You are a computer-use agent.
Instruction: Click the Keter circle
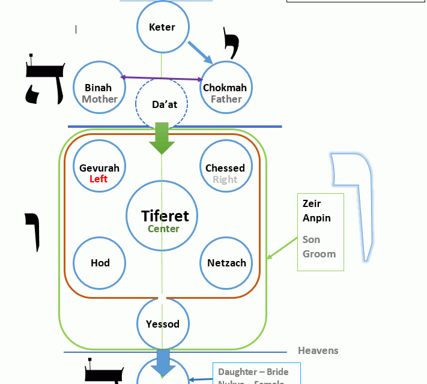click(x=162, y=27)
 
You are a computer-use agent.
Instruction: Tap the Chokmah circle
click(x=225, y=87)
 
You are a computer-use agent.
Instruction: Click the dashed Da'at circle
click(x=162, y=104)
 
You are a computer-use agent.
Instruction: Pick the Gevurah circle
click(x=99, y=167)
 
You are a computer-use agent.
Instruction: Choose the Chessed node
click(x=225, y=167)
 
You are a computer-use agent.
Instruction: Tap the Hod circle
click(x=100, y=263)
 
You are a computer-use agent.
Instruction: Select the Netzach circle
click(x=226, y=263)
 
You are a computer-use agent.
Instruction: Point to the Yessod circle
click(x=163, y=324)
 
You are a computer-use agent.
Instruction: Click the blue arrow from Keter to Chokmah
click(x=201, y=52)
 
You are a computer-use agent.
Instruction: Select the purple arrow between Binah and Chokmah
click(x=162, y=78)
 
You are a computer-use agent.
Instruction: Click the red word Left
click(x=98, y=179)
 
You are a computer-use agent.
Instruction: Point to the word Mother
click(x=100, y=99)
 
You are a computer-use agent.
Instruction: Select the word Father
click(x=226, y=99)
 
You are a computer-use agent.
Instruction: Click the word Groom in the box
click(x=319, y=254)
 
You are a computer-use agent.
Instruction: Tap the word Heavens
click(x=318, y=350)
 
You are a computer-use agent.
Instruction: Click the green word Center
click(x=163, y=229)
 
